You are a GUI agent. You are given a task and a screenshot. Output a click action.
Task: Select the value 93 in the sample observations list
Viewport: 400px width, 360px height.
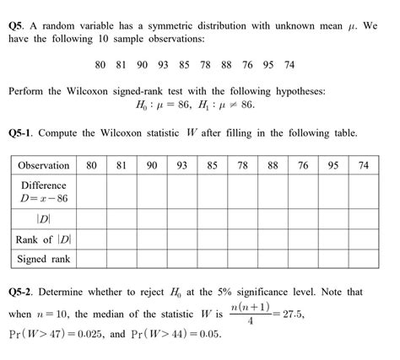coord(161,63)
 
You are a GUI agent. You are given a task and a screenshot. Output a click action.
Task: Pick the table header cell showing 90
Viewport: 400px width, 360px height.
coord(151,165)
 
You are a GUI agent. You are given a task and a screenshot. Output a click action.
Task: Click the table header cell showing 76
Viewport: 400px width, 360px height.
coord(303,165)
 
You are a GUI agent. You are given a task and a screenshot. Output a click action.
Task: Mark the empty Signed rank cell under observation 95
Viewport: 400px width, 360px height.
coord(333,259)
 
